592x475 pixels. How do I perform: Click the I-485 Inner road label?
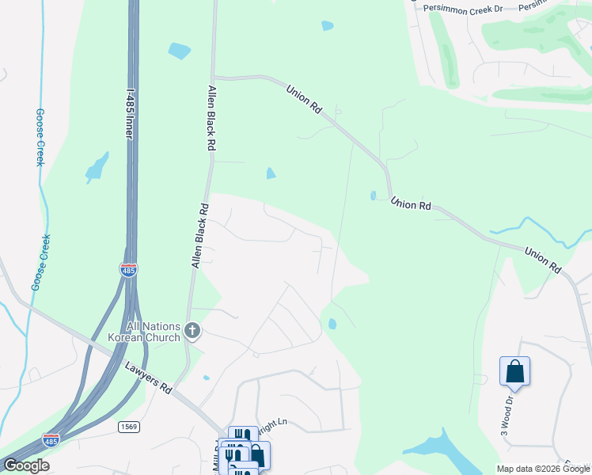(x=129, y=103)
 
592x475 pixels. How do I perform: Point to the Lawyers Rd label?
(x=148, y=378)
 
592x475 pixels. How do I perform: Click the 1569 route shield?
(x=130, y=427)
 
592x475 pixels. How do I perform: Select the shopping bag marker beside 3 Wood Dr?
(x=514, y=371)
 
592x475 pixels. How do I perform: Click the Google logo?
(x=26, y=465)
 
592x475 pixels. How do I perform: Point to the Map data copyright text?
(x=543, y=469)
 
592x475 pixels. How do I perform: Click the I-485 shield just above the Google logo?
(x=50, y=441)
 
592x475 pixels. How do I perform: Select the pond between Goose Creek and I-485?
(x=97, y=167)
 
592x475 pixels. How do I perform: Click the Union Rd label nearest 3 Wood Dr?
(x=542, y=259)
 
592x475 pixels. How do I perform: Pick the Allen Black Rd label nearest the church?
(x=199, y=236)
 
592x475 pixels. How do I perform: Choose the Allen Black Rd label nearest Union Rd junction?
(x=212, y=119)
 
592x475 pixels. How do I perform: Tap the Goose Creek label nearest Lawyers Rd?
(x=40, y=262)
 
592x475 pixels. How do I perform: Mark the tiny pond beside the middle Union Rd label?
(x=373, y=196)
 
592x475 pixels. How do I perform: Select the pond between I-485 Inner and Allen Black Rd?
(x=180, y=51)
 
